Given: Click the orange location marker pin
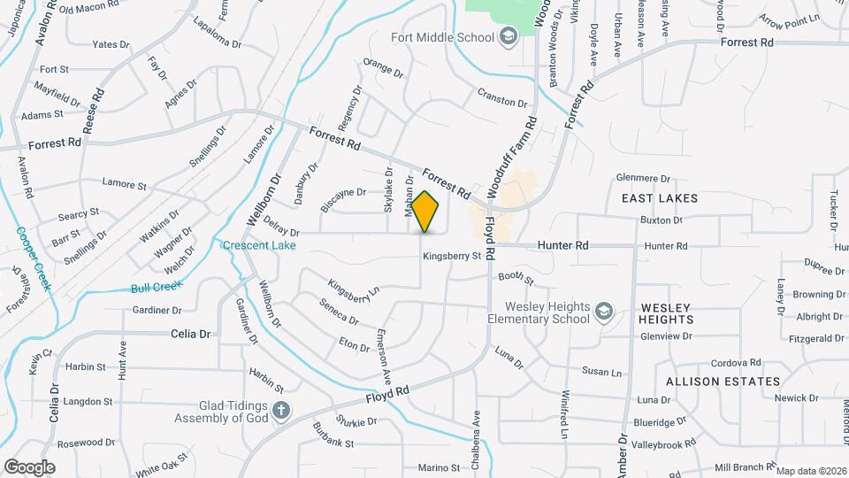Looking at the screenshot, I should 425,212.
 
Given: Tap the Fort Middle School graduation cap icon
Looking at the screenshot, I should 509,36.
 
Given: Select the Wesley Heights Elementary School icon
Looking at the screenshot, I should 603,311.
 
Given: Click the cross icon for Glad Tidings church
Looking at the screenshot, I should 280,410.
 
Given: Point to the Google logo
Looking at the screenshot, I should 29,466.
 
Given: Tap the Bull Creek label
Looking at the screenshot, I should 157,286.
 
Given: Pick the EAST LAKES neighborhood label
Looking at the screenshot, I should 659,199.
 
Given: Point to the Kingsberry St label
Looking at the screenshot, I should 451,257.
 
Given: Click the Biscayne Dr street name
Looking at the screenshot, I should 343,198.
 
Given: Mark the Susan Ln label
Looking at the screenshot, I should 601,372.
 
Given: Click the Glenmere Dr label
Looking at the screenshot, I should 645,178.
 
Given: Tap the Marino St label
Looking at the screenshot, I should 440,467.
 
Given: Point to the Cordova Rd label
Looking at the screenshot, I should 737,362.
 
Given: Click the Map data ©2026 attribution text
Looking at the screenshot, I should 810,471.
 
